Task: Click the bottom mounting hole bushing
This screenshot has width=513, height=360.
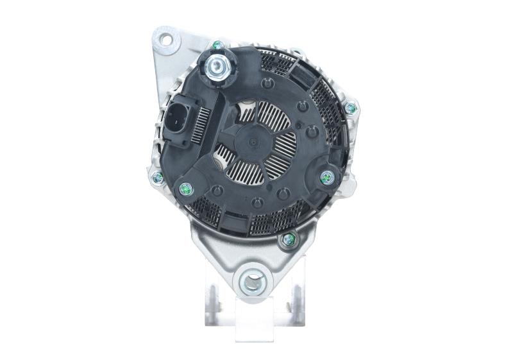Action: click(253, 280)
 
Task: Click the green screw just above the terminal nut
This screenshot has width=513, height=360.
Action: click(218, 45)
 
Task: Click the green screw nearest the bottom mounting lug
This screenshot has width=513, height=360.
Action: click(287, 240)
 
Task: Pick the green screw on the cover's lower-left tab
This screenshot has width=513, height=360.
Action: click(187, 189)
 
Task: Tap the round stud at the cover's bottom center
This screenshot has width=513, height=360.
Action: click(257, 204)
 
